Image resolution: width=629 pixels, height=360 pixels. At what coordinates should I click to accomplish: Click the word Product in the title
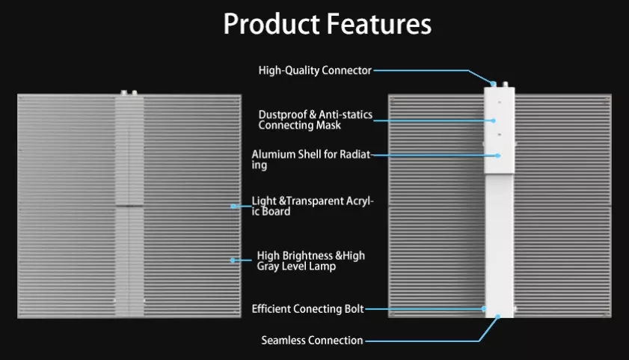pos(272,25)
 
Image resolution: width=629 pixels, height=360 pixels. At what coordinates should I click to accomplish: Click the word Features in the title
pos(379,24)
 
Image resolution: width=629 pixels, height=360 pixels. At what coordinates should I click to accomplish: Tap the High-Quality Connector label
pos(315,70)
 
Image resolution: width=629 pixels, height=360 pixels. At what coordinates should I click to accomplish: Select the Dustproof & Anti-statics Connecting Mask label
pos(316,120)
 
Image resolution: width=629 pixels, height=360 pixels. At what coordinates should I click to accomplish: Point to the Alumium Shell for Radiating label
pos(313,159)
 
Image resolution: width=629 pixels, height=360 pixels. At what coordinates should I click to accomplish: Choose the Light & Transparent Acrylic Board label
pos(313,206)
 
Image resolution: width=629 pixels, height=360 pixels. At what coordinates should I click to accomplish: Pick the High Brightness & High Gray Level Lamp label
pos(311,261)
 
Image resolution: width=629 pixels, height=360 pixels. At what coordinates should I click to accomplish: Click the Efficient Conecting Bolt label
pos(307,309)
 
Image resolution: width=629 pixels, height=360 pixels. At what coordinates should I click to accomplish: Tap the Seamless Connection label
pos(312,341)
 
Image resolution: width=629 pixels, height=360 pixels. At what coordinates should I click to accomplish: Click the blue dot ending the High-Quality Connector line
pos(494,84)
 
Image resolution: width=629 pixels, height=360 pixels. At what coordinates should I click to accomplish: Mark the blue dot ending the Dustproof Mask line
pos(494,120)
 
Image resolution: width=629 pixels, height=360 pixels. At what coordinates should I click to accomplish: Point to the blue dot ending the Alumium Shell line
pos(498,156)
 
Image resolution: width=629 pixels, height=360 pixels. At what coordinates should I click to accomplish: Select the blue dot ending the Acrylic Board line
pos(233,207)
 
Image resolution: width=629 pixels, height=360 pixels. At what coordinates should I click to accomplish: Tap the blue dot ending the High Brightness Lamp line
pos(233,260)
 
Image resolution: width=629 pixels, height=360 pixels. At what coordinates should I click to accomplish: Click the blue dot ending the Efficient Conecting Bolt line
pos(484,308)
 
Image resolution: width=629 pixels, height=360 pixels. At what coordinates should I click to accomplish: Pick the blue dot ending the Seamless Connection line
pos(497,317)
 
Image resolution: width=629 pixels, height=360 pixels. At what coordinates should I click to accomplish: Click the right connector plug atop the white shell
pos(506,85)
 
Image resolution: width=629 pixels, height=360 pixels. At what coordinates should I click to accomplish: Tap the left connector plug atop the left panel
pos(124,93)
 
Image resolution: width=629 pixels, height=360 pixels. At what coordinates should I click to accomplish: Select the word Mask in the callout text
pos(328,126)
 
